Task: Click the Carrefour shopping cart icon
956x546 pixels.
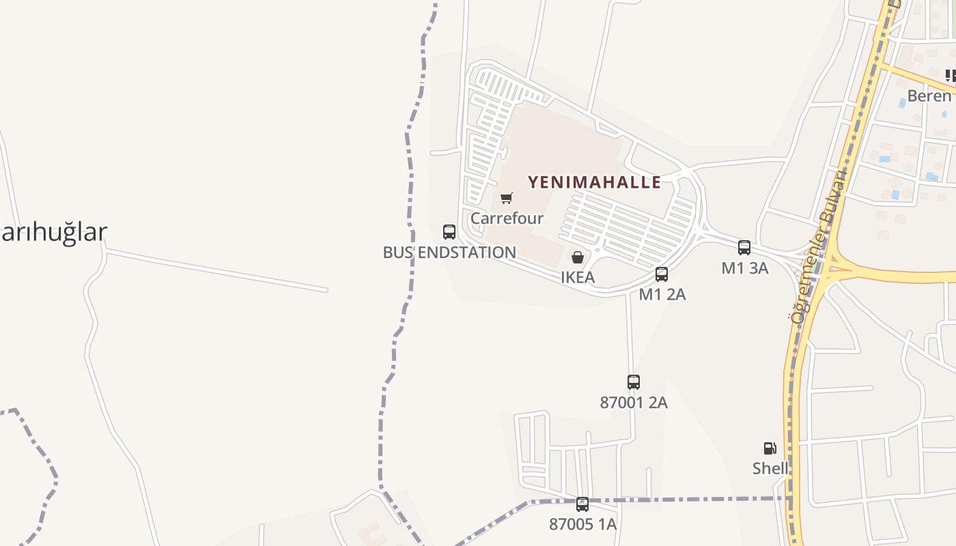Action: tap(506, 199)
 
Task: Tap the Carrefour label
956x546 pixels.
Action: tap(507, 218)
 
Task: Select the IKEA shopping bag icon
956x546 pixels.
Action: tap(578, 257)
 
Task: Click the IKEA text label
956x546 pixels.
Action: tap(578, 277)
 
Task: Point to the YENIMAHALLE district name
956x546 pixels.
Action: tap(594, 182)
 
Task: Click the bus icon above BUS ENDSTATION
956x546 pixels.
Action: tap(449, 232)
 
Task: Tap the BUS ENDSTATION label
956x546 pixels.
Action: tap(449, 253)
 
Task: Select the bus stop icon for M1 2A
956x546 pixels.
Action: tap(662, 274)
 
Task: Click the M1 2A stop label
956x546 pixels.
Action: tap(662, 294)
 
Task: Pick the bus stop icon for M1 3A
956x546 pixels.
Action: tap(744, 248)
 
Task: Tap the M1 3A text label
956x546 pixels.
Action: tap(744, 268)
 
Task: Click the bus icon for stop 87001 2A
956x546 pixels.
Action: tap(634, 382)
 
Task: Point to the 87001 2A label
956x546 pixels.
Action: tap(634, 403)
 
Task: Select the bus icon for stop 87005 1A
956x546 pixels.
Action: tap(582, 504)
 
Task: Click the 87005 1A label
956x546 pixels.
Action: tap(582, 524)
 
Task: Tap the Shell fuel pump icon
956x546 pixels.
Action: tap(770, 448)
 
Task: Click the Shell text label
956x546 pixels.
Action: tap(770, 468)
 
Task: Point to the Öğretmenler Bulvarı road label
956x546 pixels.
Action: tap(819, 246)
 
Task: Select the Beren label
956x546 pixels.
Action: tap(929, 96)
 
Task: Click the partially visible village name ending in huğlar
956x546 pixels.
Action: tap(53, 232)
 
